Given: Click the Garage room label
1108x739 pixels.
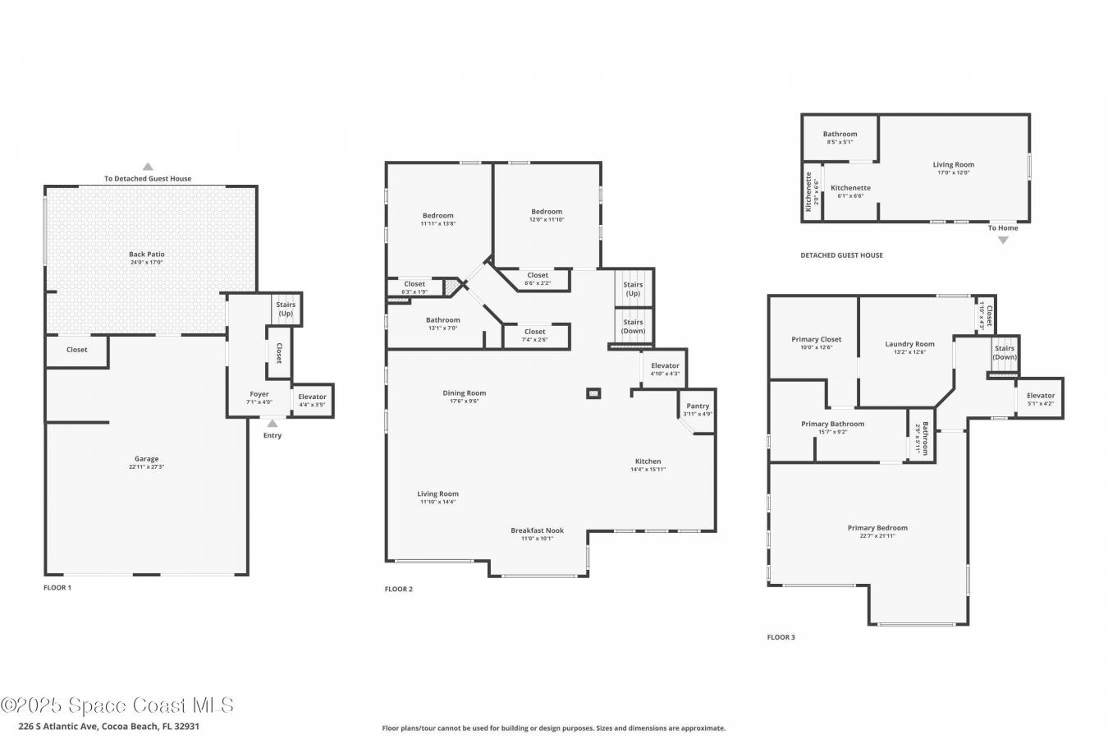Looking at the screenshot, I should pyautogui.click(x=147, y=459).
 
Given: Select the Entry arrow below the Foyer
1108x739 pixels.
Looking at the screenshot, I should pyautogui.click(x=272, y=424).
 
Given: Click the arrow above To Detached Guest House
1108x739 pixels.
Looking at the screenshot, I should pyautogui.click(x=148, y=167).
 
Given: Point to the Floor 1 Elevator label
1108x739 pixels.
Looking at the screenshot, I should pyautogui.click(x=312, y=397).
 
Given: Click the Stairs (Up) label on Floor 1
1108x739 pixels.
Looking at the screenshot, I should pyautogui.click(x=285, y=309).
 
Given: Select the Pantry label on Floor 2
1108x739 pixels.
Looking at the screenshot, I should pyautogui.click(x=698, y=406).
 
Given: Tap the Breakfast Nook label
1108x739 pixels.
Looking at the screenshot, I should pyautogui.click(x=537, y=530).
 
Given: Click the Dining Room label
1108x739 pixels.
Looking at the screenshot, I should pyautogui.click(x=465, y=393).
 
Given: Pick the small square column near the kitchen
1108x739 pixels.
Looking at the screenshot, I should pyautogui.click(x=593, y=393).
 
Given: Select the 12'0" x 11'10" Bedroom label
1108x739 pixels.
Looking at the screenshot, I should pyautogui.click(x=547, y=212).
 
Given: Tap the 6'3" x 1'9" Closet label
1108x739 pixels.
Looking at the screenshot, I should pyautogui.click(x=414, y=284).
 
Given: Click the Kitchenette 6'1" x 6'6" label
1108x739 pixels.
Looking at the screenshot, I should pyautogui.click(x=850, y=188).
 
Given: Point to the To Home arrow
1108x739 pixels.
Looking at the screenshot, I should pyautogui.click(x=1002, y=240).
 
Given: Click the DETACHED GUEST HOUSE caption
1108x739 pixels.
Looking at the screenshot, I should pyautogui.click(x=841, y=255).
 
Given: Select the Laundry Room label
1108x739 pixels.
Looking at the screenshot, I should pyautogui.click(x=909, y=344).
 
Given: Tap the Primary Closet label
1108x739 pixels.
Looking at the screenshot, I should pyautogui.click(x=816, y=339).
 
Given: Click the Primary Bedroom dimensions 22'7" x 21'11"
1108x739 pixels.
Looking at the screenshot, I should pyautogui.click(x=877, y=536).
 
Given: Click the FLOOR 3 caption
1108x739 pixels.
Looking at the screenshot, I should pyautogui.click(x=781, y=637).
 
